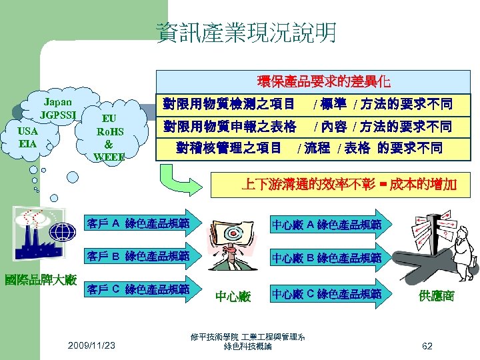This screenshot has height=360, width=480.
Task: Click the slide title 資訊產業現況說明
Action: (x=247, y=32)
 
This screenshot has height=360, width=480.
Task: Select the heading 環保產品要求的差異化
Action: (x=323, y=83)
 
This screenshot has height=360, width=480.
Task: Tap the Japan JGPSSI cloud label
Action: (x=58, y=108)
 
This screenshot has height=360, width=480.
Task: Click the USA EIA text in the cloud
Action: (x=28, y=137)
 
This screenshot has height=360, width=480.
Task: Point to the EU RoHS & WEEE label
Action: (x=109, y=137)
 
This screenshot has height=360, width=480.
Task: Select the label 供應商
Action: (x=437, y=296)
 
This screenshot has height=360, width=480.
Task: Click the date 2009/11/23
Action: (x=91, y=345)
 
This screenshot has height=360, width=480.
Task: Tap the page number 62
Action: (x=427, y=345)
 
